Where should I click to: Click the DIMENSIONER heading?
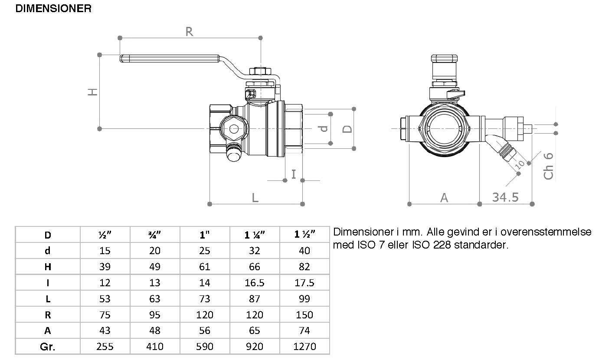[x=53, y=9]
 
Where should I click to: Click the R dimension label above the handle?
[x=189, y=32]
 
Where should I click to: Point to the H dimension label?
[x=92, y=92]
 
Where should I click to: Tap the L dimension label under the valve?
[x=255, y=198]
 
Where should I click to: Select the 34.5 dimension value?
[x=505, y=197]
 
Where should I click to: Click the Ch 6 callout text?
[x=548, y=166]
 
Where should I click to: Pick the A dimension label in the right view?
[x=444, y=198]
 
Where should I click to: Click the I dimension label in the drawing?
[x=294, y=174]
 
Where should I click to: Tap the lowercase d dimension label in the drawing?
[x=324, y=129]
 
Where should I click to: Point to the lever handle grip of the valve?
[x=170, y=58]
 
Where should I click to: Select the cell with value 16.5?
[x=255, y=283]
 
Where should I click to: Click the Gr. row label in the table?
[x=48, y=347]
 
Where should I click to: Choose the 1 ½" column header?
[x=304, y=235]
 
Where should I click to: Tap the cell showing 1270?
[x=304, y=347]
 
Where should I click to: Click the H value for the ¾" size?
[x=155, y=267]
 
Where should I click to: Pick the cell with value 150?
[x=304, y=315]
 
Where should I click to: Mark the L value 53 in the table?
[x=105, y=299]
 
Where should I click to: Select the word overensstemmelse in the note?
[x=546, y=232]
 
